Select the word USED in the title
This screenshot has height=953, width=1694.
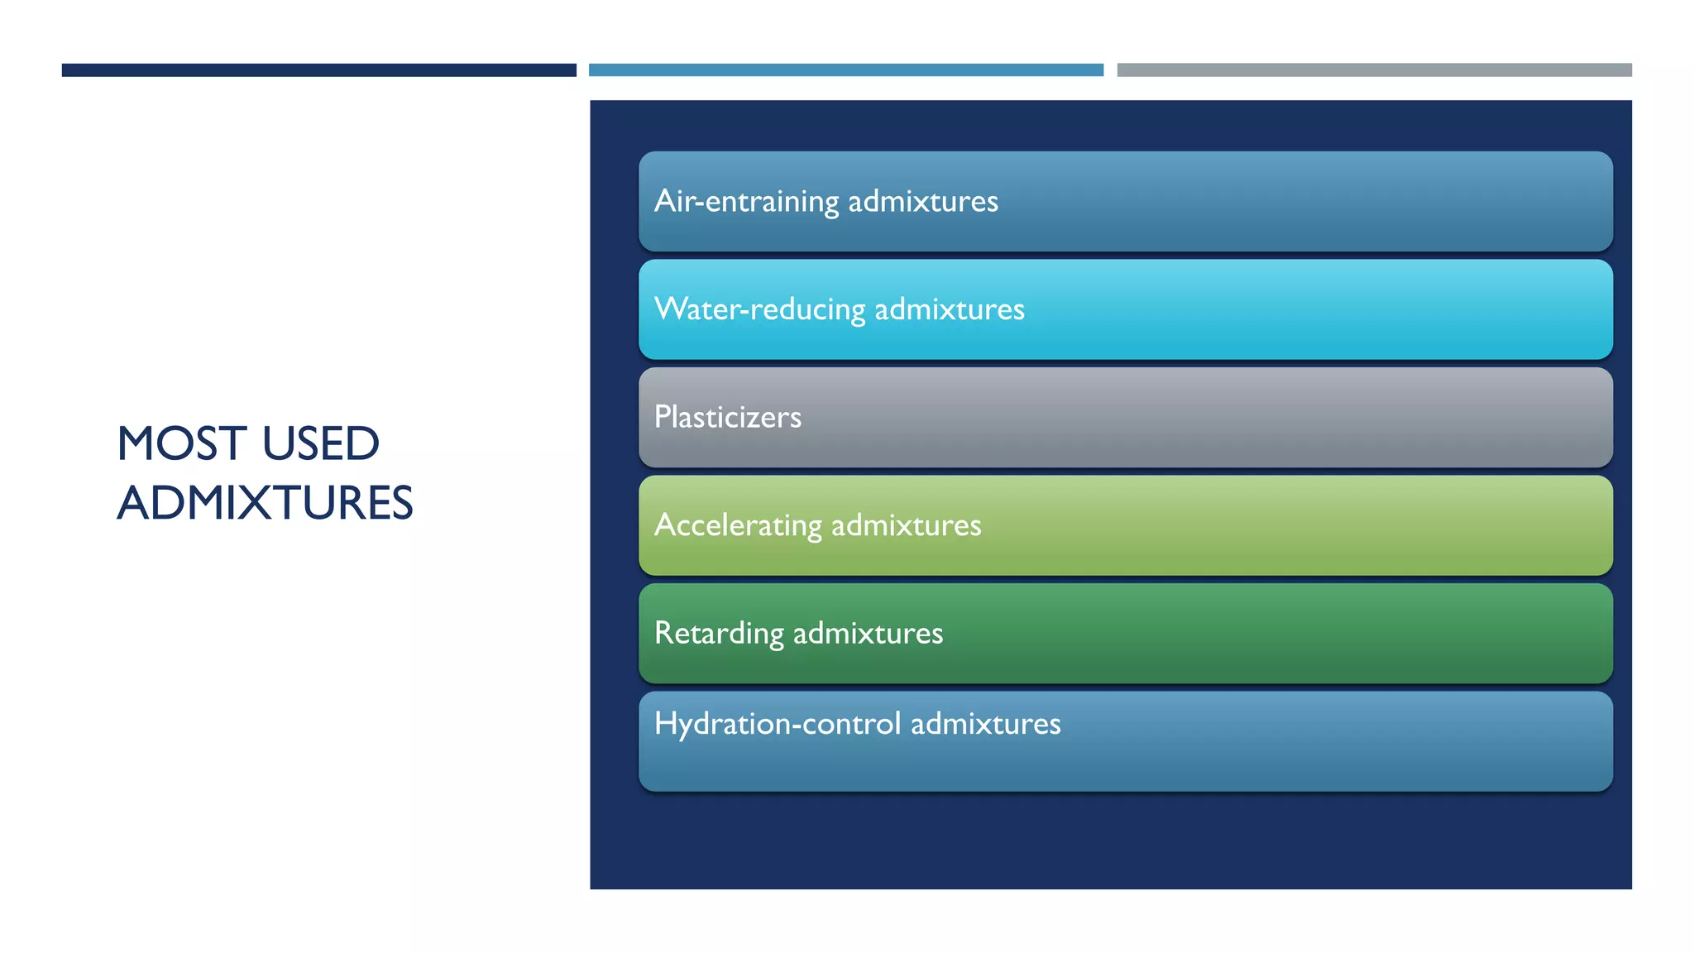(x=321, y=444)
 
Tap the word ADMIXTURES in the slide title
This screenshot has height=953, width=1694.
(x=265, y=503)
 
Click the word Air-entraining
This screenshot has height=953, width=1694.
(x=746, y=202)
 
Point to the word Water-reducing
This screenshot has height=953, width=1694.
(x=759, y=309)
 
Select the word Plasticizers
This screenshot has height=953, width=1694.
(x=728, y=417)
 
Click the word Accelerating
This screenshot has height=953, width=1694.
(x=738, y=525)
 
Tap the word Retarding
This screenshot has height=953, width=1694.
(x=719, y=634)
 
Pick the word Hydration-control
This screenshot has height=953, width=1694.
(x=778, y=724)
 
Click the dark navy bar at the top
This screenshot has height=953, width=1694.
(x=318, y=70)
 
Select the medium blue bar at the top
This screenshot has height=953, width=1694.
(x=845, y=70)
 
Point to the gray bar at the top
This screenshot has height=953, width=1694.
(x=1374, y=70)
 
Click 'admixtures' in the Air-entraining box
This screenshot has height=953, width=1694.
(x=923, y=202)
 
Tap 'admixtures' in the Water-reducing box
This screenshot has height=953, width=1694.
(x=950, y=309)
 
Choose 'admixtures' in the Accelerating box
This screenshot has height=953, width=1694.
(x=906, y=525)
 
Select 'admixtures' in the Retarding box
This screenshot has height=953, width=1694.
(x=868, y=634)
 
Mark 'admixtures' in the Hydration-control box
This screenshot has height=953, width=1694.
(x=985, y=724)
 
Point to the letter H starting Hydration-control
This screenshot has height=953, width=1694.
(x=665, y=724)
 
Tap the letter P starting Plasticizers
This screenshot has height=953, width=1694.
(x=663, y=417)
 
